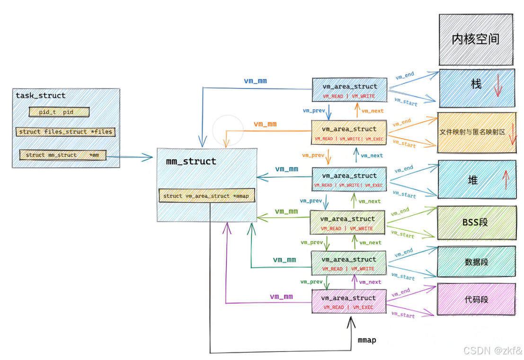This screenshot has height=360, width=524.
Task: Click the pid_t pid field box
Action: (59, 112)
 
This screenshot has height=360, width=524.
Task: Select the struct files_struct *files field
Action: (65, 132)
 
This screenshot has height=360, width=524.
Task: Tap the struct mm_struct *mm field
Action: (63, 155)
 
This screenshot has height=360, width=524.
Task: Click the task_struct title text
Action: (40, 96)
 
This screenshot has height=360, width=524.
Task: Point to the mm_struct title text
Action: (191, 161)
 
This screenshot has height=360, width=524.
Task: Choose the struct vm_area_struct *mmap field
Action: (207, 196)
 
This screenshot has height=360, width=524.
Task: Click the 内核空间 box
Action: (476, 39)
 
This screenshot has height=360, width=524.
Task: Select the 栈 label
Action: (476, 83)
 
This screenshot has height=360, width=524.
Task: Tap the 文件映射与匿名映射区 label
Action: (472, 132)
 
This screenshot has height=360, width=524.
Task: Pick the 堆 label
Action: (472, 180)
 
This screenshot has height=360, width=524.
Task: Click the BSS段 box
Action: (477, 222)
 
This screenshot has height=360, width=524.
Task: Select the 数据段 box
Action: (476, 262)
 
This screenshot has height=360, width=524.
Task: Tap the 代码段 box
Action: (476, 299)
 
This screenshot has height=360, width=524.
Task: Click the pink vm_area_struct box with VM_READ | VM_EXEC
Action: (349, 301)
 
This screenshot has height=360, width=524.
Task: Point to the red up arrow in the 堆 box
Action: (506, 179)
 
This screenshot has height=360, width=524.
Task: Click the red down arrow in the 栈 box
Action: (498, 86)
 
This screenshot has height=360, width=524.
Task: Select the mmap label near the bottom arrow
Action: (367, 340)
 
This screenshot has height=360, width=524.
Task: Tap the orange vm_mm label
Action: (265, 124)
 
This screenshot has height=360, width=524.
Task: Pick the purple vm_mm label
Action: (281, 297)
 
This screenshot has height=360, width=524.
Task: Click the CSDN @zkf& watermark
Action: (493, 351)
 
